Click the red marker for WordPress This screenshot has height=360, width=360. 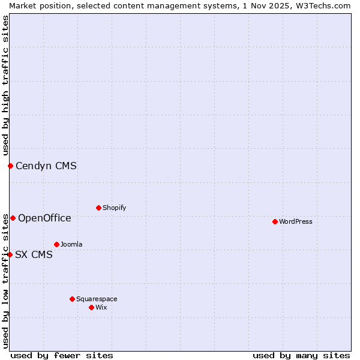tap(275, 221)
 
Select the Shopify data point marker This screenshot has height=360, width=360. tap(98, 208)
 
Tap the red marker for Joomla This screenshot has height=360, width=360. tap(56, 244)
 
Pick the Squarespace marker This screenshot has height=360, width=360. tap(72, 299)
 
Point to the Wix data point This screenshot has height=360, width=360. tap(91, 307)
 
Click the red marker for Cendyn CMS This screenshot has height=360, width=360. tap(10, 166)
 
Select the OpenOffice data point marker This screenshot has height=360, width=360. tap(13, 218)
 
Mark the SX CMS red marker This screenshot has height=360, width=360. tap(10, 254)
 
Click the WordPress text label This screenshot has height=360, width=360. tap(296, 221)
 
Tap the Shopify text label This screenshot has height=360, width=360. tap(115, 208)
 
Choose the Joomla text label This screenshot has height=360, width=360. tap(71, 244)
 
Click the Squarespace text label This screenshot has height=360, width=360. tap(97, 299)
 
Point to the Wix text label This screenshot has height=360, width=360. tap(101, 307)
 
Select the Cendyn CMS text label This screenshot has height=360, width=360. tap(46, 166)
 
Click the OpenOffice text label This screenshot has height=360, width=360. tap(44, 218)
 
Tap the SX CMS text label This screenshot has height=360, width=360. tap(34, 254)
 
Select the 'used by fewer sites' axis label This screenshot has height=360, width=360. tap(62, 355)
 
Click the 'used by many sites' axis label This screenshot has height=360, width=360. tap(301, 355)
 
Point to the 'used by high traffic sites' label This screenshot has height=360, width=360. tap(5, 86)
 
